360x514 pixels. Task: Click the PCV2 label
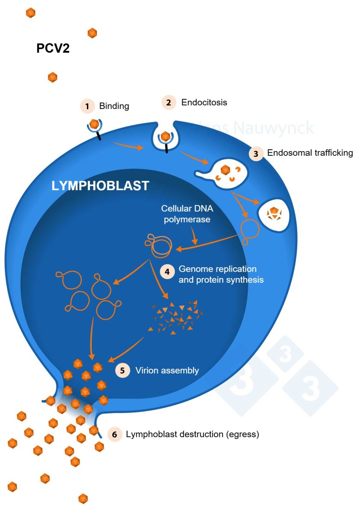point(53,48)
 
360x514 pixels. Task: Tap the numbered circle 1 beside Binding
point(87,106)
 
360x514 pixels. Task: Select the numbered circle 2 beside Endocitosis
point(168,102)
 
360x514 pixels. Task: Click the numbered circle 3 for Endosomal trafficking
point(256,154)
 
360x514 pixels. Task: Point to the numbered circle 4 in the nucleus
point(167,271)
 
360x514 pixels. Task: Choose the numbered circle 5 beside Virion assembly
point(122,370)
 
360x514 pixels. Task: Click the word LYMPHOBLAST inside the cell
point(101,186)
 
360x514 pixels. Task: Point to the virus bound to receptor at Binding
point(94,124)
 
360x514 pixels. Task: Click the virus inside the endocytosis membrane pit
point(165,136)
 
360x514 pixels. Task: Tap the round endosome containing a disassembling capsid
point(274,213)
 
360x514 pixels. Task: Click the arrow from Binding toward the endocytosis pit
point(128,146)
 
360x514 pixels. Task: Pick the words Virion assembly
point(167,370)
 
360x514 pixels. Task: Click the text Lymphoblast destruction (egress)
point(192,435)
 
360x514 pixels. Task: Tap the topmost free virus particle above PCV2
point(30,12)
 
